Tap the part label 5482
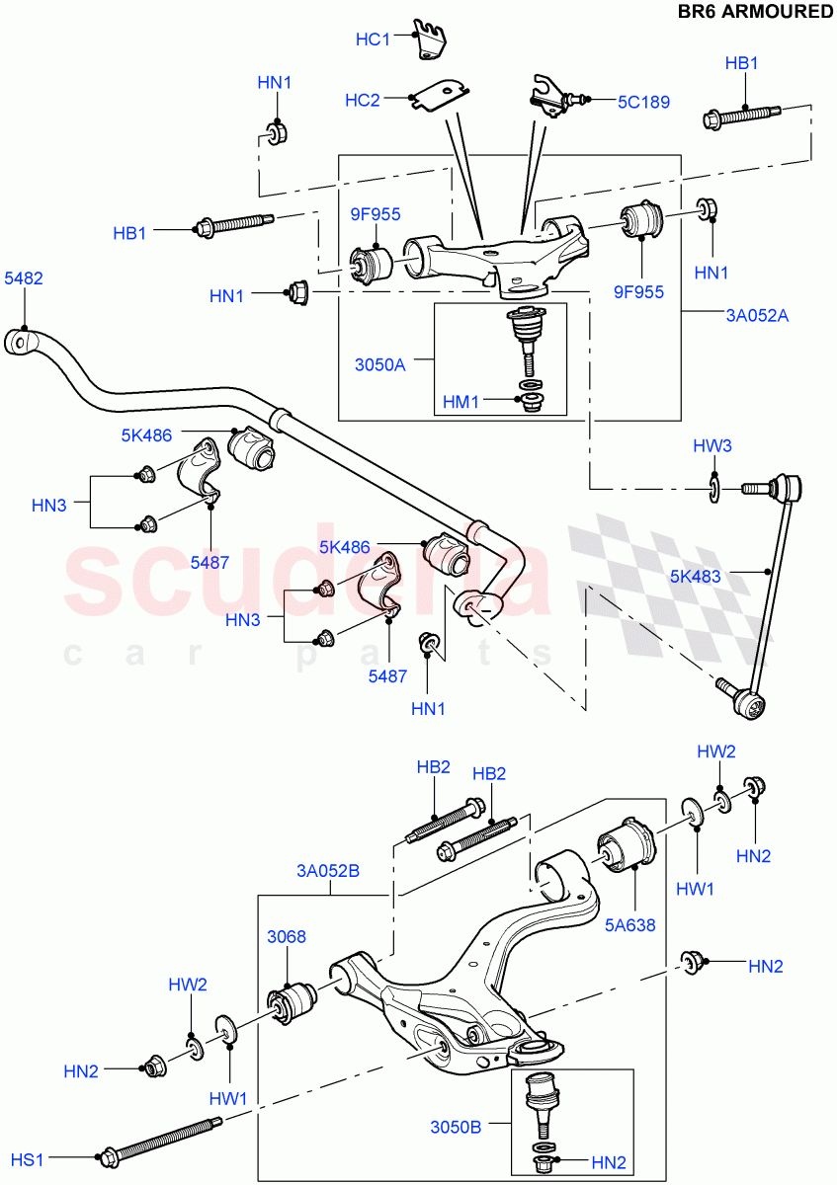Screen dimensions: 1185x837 23,279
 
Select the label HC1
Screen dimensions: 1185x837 373,39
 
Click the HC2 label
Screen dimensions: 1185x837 363,100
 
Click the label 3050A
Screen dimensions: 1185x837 379,363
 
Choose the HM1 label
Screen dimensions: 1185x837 461,402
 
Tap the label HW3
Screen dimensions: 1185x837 711,446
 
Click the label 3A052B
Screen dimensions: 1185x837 327,871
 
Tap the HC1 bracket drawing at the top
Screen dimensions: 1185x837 429,40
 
